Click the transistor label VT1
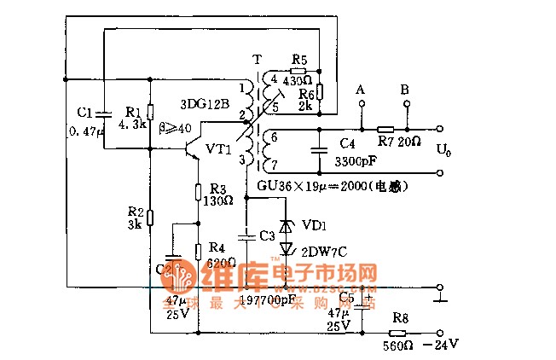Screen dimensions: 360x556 [x=218, y=148]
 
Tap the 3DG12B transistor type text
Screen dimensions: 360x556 [x=205, y=104]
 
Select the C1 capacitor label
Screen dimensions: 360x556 [x=84, y=112]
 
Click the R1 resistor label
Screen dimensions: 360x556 [x=133, y=112]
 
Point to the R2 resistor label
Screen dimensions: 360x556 [x=135, y=212]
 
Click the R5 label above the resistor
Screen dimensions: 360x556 [x=298, y=60]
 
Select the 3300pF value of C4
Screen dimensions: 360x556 [x=352, y=160]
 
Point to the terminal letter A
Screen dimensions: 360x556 [x=361, y=89]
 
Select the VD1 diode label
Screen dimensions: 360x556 [x=313, y=226]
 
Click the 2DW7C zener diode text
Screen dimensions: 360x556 [x=324, y=250]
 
